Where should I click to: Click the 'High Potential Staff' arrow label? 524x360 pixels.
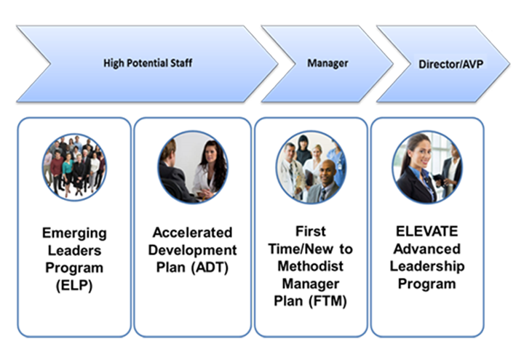pos(148,63)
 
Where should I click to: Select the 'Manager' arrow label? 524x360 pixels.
pos(327,63)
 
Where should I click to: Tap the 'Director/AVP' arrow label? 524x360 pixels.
pos(450,64)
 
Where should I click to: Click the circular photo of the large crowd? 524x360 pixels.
pos(74,167)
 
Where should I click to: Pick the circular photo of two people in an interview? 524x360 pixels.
pos(193,167)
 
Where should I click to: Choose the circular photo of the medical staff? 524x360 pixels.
pos(311,167)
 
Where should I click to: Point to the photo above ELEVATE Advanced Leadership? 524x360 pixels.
pos(427,167)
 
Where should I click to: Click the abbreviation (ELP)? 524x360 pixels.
pos(74,286)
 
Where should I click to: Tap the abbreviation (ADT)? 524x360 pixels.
pos(210,268)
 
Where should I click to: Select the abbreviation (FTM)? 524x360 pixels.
pos(327,301)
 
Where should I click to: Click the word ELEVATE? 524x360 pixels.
pos(426,231)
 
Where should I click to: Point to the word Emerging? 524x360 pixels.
pos(74,233)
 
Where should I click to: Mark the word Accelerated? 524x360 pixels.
pos(192,233)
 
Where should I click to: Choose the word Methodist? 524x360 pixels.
pos(311,266)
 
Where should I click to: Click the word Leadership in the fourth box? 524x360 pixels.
pos(427,266)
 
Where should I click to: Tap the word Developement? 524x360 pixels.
pos(192,250)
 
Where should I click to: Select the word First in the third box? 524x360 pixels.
pos(311,231)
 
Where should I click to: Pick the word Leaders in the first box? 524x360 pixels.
pos(74,250)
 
